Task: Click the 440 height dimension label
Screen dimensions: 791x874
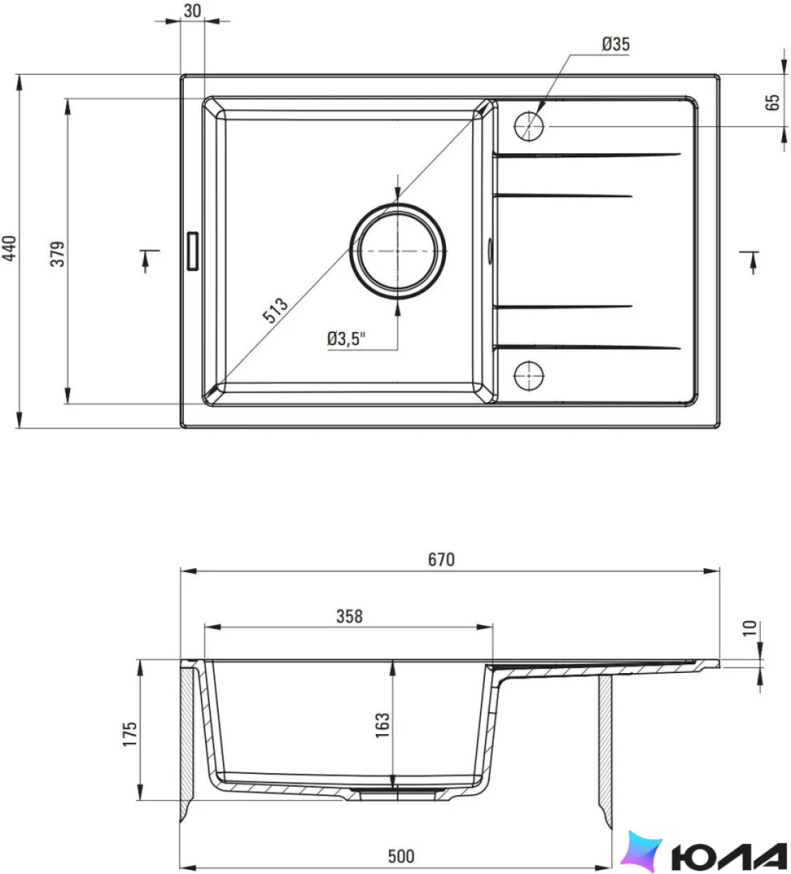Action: (x=10, y=248)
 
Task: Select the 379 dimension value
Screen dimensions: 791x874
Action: (x=58, y=253)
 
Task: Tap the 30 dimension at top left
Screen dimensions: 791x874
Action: (x=192, y=10)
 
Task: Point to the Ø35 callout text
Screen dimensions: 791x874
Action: (x=616, y=44)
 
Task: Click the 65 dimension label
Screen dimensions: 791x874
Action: (x=773, y=102)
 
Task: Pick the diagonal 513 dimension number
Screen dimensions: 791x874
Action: (x=276, y=310)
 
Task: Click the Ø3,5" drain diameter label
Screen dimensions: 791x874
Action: (x=347, y=338)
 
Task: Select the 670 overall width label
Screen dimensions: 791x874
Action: (x=441, y=559)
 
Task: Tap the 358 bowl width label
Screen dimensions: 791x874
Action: (x=349, y=616)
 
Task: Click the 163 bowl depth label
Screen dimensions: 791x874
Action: (x=382, y=725)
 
